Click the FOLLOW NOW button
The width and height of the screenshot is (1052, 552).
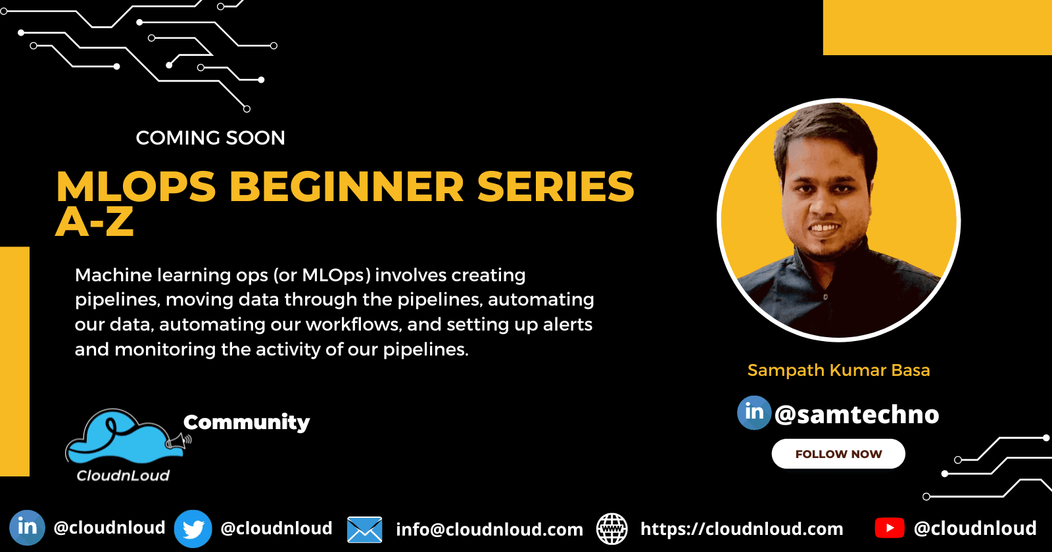click(x=838, y=454)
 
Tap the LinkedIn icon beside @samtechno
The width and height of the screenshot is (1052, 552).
click(x=754, y=413)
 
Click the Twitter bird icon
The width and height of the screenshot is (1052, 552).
click(x=193, y=528)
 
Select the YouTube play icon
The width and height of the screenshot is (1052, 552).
click(x=890, y=528)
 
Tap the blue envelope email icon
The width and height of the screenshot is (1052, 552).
click(x=364, y=530)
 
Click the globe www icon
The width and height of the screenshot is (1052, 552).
click(x=611, y=529)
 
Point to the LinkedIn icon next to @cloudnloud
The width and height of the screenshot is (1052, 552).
click(x=27, y=528)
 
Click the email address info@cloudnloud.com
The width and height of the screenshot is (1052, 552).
click(x=489, y=530)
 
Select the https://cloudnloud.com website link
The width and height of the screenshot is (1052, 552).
click(x=742, y=529)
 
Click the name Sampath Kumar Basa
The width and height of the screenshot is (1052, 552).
click(x=838, y=371)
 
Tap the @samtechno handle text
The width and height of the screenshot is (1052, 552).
click(x=857, y=415)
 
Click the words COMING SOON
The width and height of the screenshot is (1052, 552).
click(x=210, y=138)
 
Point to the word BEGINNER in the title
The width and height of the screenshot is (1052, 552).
click(x=347, y=187)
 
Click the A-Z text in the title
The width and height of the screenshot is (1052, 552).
click(x=95, y=222)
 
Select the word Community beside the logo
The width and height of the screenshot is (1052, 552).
click(x=247, y=422)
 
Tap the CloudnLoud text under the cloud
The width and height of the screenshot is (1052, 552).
click(x=123, y=476)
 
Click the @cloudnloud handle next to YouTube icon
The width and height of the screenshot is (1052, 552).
click(x=975, y=528)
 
